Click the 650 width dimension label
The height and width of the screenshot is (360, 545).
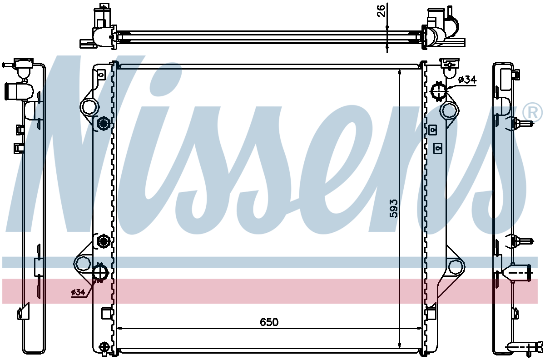(269, 322)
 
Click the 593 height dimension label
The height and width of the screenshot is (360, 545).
(393, 208)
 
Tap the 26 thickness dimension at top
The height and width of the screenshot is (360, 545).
(381, 11)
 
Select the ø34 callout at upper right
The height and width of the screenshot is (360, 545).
(467, 80)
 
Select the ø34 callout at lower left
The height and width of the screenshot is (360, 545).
(78, 292)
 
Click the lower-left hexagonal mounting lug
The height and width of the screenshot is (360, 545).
(83, 264)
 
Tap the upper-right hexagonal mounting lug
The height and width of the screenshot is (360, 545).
(449, 110)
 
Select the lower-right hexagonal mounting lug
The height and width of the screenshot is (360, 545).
(456, 266)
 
